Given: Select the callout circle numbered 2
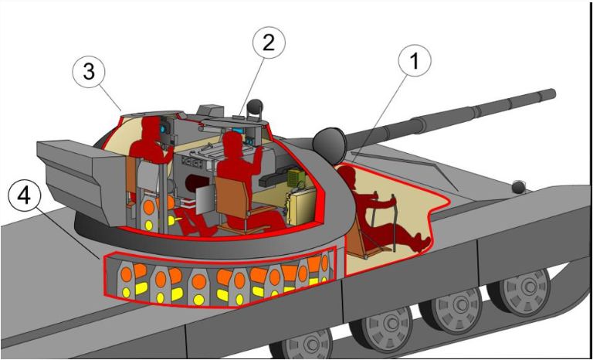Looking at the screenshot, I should [267, 42].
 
